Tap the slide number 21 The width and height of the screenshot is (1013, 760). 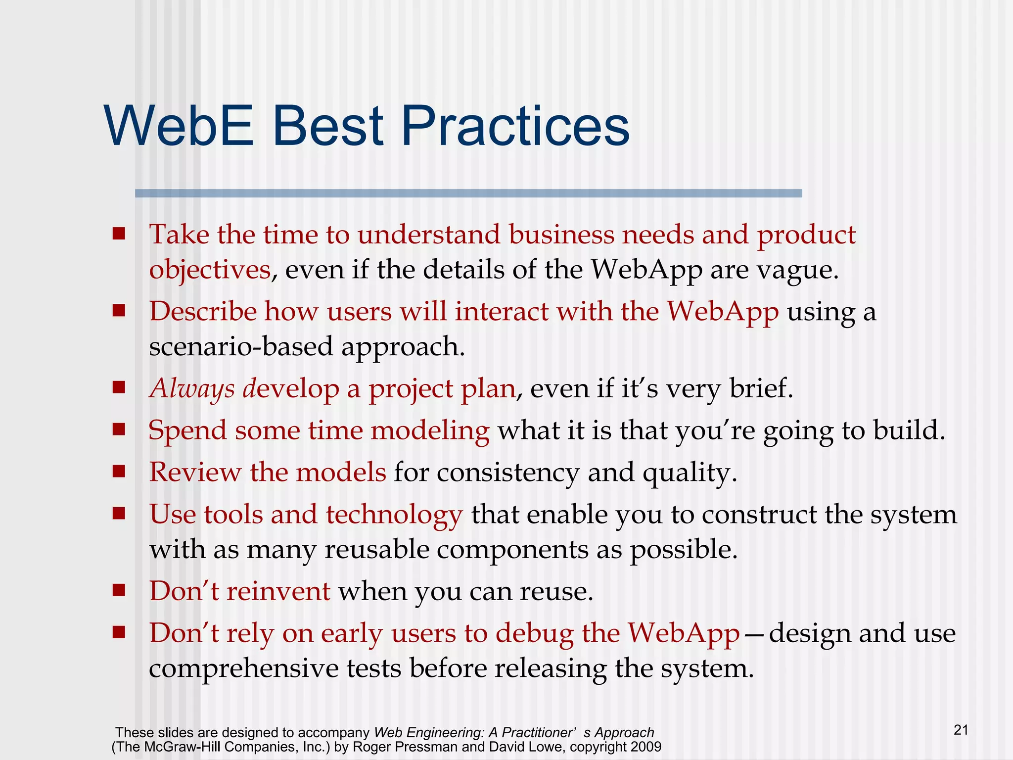pos(961,730)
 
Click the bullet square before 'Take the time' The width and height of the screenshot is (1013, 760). pos(119,233)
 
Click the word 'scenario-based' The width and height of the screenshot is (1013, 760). pos(241,346)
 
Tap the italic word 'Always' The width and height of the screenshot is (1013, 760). pos(192,389)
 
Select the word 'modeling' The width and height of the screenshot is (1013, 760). pos(430,430)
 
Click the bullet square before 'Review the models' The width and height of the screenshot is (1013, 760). pos(119,471)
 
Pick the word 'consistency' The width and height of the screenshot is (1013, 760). pos(507,473)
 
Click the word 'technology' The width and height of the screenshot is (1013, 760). pos(394,515)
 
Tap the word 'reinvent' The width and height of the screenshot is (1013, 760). pos(278,591)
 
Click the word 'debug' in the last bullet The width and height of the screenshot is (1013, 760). pos(534,633)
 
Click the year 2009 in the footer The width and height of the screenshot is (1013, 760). pos(645,747)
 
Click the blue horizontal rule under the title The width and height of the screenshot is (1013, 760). pos(468,193)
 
